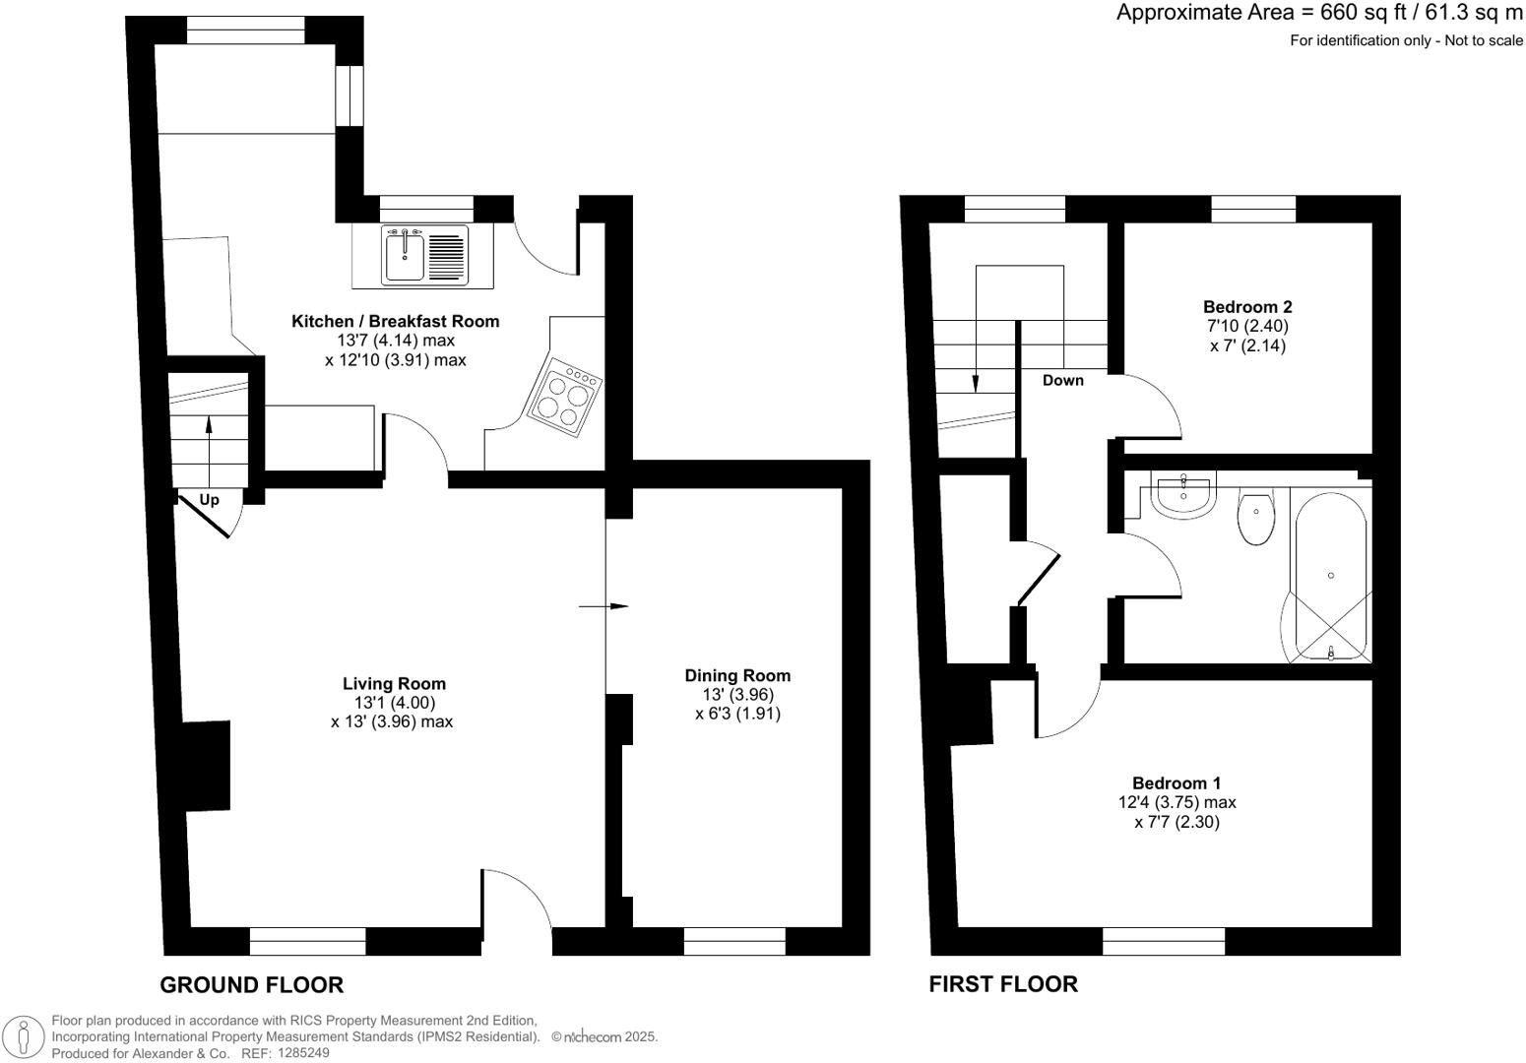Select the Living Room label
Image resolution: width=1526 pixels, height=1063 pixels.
pos(394,683)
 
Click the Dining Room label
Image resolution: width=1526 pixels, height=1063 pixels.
pos(737,675)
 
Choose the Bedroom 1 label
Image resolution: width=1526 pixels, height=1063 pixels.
pos(1176,783)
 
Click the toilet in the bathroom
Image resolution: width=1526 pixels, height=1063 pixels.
pos(1255,519)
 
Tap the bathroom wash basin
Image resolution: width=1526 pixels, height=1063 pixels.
pos(1184,495)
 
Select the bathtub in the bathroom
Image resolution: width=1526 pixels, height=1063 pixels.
pos(1330,575)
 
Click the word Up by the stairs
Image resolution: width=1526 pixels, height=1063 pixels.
pos(209,500)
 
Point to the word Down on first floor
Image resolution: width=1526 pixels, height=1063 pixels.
pos(1063,381)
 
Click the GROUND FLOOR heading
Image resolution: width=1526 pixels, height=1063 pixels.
pos(251,984)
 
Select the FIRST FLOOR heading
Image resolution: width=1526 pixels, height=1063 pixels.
pos(1003,984)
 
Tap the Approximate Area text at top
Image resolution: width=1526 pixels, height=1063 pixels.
pos(1319,13)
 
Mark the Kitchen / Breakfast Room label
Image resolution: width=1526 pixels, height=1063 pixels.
pos(395,321)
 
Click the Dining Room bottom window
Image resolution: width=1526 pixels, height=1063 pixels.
pos(734,942)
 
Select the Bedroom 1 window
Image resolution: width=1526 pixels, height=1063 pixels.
pos(1164,942)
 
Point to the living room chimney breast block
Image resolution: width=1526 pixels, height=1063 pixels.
pos(206,766)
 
